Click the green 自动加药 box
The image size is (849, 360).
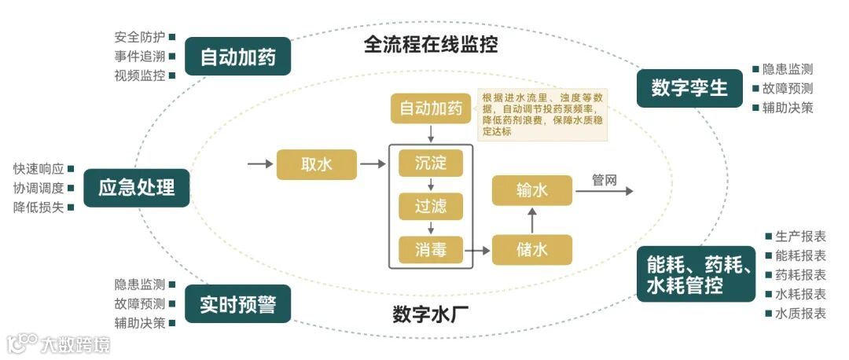point(237,57)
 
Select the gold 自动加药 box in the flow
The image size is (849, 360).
point(430,108)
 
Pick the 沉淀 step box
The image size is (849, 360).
point(430,163)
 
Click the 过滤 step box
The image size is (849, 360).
point(430,207)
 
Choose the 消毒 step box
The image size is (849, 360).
point(430,250)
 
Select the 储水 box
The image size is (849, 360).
point(532,250)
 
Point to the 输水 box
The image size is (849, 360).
point(532,190)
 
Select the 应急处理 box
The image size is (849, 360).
point(136,188)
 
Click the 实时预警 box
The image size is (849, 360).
point(237,304)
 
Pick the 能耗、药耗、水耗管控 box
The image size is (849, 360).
point(696,274)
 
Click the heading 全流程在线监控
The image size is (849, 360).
point(431,44)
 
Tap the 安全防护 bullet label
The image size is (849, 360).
point(139,37)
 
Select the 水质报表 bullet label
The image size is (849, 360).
point(800,314)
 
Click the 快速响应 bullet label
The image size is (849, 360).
point(39,168)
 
